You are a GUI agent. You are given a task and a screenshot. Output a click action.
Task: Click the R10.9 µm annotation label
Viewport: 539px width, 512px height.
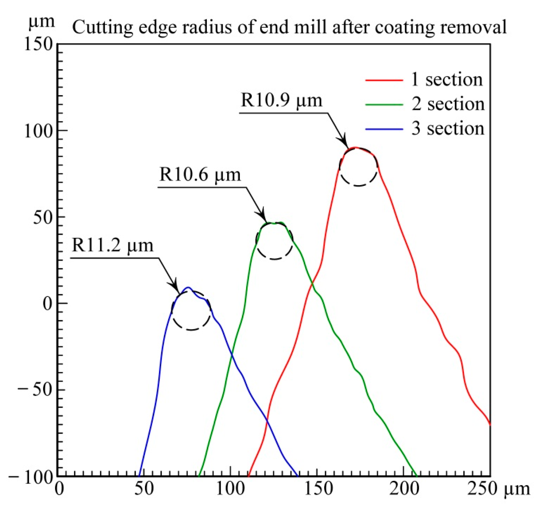click(x=281, y=100)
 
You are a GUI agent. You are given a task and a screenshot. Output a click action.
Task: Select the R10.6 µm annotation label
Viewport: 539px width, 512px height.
click(x=200, y=175)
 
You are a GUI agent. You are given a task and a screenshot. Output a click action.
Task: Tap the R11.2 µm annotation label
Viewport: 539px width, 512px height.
click(x=112, y=245)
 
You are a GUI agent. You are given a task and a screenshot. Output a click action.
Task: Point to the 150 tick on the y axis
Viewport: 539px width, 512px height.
click(x=39, y=44)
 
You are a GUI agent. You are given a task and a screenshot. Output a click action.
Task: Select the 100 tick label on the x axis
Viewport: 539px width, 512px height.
click(x=230, y=489)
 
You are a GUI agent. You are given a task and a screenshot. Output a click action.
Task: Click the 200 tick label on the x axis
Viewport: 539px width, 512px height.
click(x=403, y=489)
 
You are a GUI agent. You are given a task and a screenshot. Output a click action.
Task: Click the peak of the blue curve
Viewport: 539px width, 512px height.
click(x=189, y=287)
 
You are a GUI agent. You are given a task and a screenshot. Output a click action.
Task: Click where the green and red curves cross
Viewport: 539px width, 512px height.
click(x=312, y=284)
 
